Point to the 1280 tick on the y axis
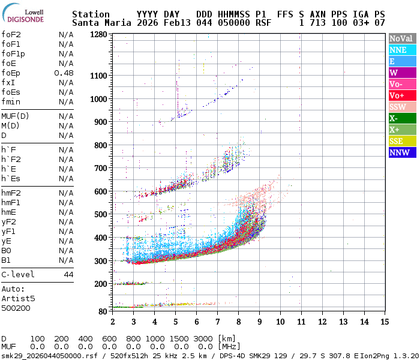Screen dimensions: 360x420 click(98, 35)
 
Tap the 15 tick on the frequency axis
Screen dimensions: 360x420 click(384, 322)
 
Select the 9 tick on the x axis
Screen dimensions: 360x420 click(259, 322)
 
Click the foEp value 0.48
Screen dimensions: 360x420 click(64, 73)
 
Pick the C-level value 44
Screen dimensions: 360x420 click(68, 274)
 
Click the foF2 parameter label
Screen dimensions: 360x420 click(12, 35)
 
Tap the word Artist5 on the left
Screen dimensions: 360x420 click(18, 298)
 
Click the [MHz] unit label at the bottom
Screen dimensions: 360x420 click(230, 346)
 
